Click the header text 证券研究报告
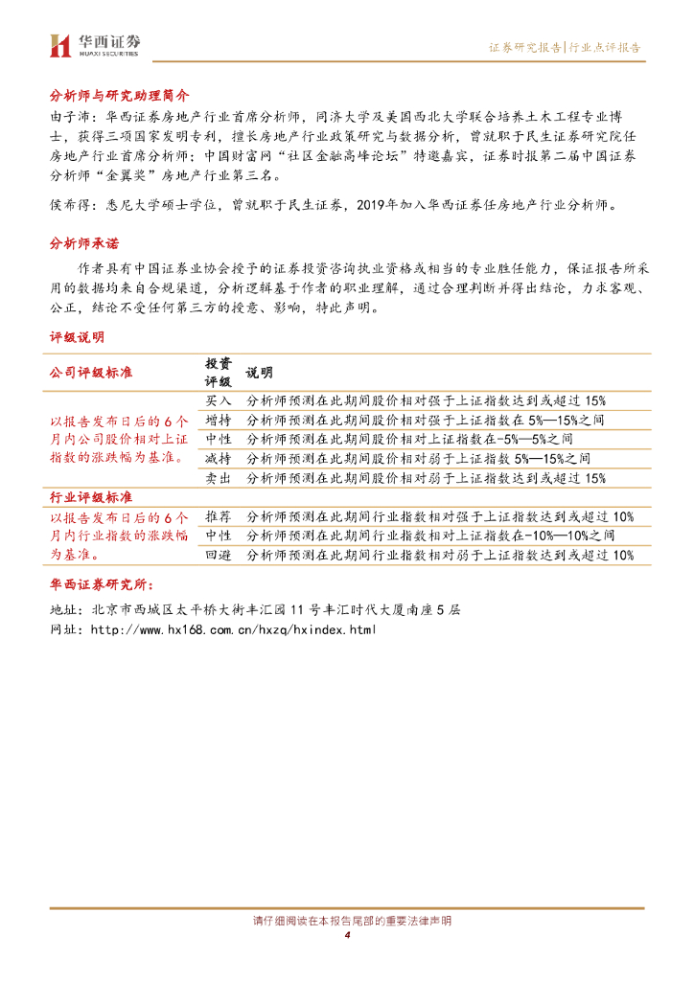point(524,46)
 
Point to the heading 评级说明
point(77,337)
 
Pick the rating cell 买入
point(219,400)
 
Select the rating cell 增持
point(219,420)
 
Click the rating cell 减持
point(219,458)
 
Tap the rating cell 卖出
point(219,477)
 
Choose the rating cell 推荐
point(219,516)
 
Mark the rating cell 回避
point(219,555)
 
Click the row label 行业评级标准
point(91,498)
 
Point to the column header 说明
point(260,372)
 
